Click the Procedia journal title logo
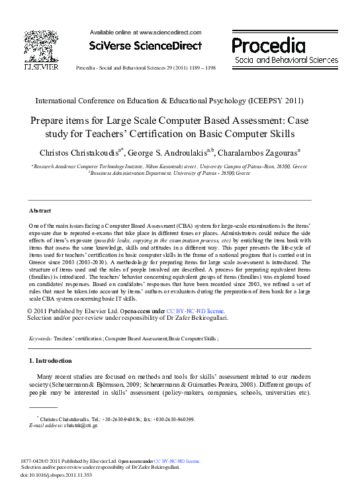pyautogui.click(x=268, y=46)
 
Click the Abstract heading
pyautogui.click(x=40, y=211)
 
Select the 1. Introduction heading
pyautogui.click(x=51, y=361)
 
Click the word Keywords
pyautogui.click(x=40, y=338)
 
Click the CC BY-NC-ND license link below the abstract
pyautogui.click(x=195, y=311)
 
